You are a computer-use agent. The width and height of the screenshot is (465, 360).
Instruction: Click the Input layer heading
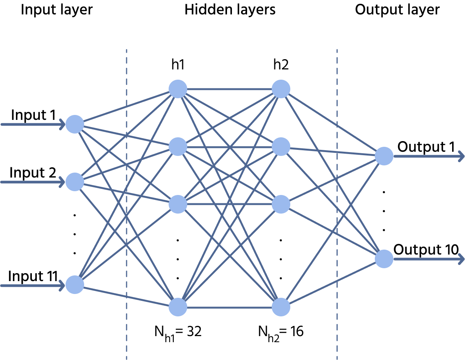click(x=57, y=10)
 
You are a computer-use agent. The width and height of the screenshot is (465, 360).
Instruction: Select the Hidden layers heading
click(x=230, y=9)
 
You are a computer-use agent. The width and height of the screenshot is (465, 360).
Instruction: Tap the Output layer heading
click(x=398, y=10)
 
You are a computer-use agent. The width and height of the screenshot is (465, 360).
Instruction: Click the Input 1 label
click(x=33, y=115)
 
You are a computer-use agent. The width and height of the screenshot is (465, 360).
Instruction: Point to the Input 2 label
click(x=33, y=173)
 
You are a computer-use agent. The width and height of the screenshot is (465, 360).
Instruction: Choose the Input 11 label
click(x=33, y=276)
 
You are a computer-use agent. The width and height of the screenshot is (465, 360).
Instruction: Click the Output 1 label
click(x=426, y=147)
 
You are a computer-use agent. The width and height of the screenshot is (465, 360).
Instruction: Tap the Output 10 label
click(x=426, y=250)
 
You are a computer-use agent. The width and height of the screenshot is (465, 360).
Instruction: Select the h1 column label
click(x=178, y=64)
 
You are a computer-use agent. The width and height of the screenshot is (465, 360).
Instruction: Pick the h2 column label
click(x=281, y=64)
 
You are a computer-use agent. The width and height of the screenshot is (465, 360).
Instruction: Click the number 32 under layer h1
click(x=194, y=332)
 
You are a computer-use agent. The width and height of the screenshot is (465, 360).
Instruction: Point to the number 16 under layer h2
click(x=297, y=332)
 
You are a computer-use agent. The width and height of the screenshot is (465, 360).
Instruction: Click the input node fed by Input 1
click(x=75, y=124)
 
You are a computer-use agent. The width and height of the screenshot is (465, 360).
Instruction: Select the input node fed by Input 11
click(x=75, y=285)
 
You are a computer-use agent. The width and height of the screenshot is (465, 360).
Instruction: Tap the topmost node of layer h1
click(x=178, y=89)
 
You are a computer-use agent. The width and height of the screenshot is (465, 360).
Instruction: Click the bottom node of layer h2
click(x=281, y=307)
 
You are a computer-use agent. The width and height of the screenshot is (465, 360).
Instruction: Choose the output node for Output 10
click(x=384, y=259)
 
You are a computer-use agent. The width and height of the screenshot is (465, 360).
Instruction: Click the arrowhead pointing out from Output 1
click(x=461, y=156)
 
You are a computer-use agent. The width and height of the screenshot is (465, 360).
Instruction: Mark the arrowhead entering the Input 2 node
click(x=62, y=182)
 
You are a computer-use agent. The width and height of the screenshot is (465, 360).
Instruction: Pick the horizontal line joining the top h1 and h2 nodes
click(x=229, y=89)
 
